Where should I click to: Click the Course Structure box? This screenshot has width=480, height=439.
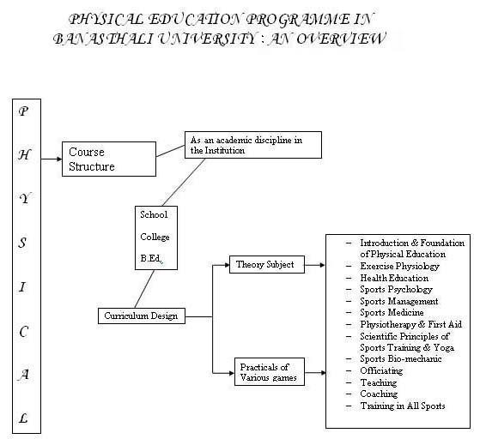pyautogui.click(x=109, y=159)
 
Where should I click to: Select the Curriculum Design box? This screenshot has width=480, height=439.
pyautogui.click(x=142, y=316)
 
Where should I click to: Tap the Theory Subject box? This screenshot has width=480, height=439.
pyautogui.click(x=267, y=264)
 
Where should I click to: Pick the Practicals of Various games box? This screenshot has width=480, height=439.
pyautogui.click(x=270, y=372)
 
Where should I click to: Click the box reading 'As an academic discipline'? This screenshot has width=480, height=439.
pyautogui.click(x=253, y=145)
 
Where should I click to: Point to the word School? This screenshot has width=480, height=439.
pyautogui.click(x=154, y=214)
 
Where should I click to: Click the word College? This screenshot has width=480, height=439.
pyautogui.click(x=155, y=237)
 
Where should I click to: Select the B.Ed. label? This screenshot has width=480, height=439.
pyautogui.click(x=151, y=259)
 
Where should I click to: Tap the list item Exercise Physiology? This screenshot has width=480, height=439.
pyautogui.click(x=399, y=267)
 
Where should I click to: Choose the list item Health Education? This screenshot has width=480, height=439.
pyautogui.click(x=394, y=278)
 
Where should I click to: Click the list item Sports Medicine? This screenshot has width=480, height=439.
pyautogui.click(x=392, y=312)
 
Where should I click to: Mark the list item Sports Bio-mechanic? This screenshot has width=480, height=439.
pyautogui.click(x=401, y=358)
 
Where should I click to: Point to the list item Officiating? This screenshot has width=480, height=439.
pyautogui.click(x=381, y=370)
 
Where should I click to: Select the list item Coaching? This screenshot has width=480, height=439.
pyautogui.click(x=379, y=394)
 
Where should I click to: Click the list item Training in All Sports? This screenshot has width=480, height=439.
pyautogui.click(x=402, y=406)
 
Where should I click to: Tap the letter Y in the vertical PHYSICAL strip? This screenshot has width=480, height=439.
pyautogui.click(x=25, y=199)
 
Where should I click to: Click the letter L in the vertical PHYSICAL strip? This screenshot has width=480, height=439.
pyautogui.click(x=23, y=418)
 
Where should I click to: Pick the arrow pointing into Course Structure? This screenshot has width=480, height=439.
pyautogui.click(x=52, y=159)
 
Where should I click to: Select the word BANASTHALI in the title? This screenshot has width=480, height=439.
pyautogui.click(x=103, y=39)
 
